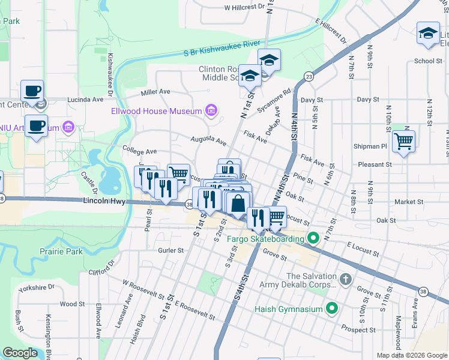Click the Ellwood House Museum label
tap(157, 111)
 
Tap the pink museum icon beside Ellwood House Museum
tap(211, 110)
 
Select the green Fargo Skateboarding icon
tap(313, 239)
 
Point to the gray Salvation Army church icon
tap(345, 279)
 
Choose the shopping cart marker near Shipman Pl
tap(403, 142)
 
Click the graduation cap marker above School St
tap(428, 34)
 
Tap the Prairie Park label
tap(61, 251)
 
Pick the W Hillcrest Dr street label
tap(244, 8)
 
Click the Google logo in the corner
tap(20, 353)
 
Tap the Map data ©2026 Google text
tap(411, 355)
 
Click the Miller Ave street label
tap(155, 92)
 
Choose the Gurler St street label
tap(170, 250)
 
